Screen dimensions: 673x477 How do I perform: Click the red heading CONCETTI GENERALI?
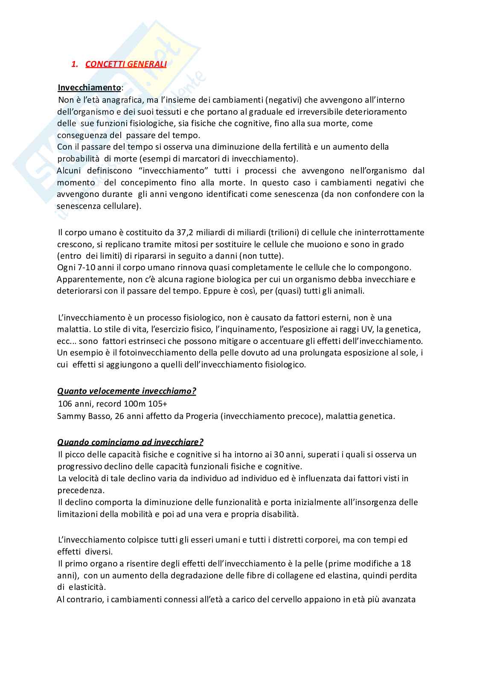tap(126, 64)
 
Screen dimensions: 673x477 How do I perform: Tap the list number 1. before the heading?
tap(75, 64)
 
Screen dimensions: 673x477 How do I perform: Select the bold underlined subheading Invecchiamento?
tap(90, 88)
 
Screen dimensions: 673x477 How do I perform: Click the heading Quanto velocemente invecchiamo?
tap(127, 391)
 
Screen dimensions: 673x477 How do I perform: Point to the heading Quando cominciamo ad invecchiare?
tap(130, 442)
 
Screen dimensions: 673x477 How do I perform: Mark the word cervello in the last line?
tap(287, 599)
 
